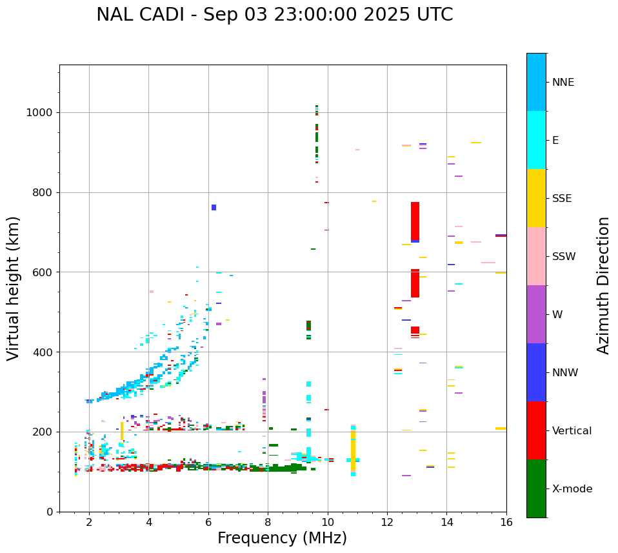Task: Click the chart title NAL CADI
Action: pyautogui.click(x=274, y=15)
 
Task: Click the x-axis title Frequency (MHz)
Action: pyautogui.click(x=282, y=538)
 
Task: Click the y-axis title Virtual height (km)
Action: pyautogui.click(x=14, y=288)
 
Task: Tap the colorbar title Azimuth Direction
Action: pyautogui.click(x=603, y=285)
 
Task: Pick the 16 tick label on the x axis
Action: pyautogui.click(x=506, y=522)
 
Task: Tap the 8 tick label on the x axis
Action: pyautogui.click(x=268, y=522)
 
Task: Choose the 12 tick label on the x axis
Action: pyautogui.click(x=387, y=522)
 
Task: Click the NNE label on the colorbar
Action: pyautogui.click(x=563, y=83)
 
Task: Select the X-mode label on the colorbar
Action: pyautogui.click(x=572, y=489)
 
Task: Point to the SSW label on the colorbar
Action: pyautogui.click(x=564, y=257)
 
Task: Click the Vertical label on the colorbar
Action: pyautogui.click(x=572, y=431)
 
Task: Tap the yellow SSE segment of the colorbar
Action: pyautogui.click(x=536, y=198)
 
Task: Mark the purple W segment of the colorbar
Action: pyautogui.click(x=536, y=314)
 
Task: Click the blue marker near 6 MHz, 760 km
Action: pyautogui.click(x=214, y=207)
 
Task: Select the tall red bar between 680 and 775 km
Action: pyautogui.click(x=415, y=221)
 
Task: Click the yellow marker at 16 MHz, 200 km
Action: pyautogui.click(x=501, y=428)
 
